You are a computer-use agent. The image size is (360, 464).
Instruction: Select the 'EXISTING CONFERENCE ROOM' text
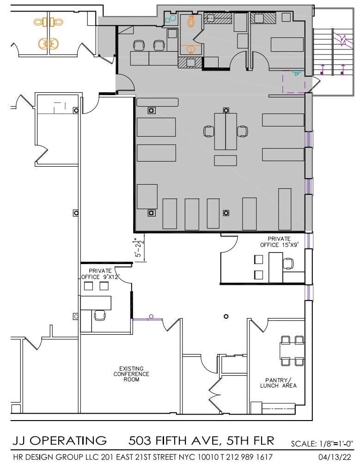tap(131, 374)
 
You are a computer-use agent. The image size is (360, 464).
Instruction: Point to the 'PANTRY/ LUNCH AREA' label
tap(278, 383)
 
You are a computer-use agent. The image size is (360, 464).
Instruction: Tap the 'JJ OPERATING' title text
tap(59, 440)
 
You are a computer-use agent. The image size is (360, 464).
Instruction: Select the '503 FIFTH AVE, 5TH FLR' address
tap(201, 440)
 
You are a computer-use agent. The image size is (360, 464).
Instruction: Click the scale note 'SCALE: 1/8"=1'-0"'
tap(322, 444)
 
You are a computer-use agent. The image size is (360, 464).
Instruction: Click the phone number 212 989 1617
tap(254, 457)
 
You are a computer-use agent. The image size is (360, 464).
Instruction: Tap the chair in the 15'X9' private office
tap(288, 264)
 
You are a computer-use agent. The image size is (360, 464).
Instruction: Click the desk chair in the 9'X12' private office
tap(99, 315)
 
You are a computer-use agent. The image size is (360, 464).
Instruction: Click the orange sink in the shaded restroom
tap(190, 49)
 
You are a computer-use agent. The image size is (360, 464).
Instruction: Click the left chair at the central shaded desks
tap(209, 131)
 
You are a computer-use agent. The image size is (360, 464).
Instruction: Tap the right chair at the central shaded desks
tap(242, 131)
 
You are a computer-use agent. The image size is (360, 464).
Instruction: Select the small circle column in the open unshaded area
tap(226, 316)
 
